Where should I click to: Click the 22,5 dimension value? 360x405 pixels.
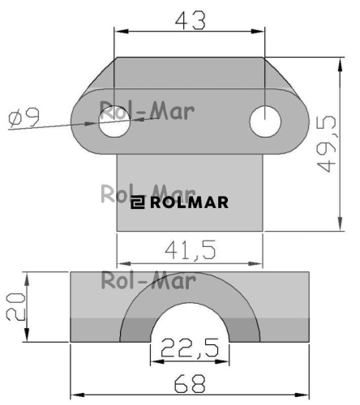pyautogui.click(x=190, y=351)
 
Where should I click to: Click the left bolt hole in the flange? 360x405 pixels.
pyautogui.click(x=114, y=122)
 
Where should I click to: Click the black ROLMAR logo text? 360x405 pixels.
pyautogui.click(x=188, y=202)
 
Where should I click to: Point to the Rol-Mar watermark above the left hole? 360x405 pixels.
pyautogui.click(x=146, y=110)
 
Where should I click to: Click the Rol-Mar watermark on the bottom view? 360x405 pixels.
pyautogui.click(x=148, y=281)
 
